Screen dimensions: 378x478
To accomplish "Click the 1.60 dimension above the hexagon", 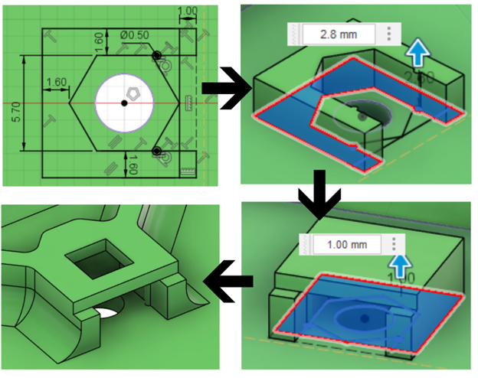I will coord(100,42).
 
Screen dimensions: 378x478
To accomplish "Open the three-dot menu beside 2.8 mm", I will coord(390,34).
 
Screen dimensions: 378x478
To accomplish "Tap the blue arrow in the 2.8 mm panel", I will coord(417,54).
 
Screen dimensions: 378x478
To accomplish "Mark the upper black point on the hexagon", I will coord(156,56).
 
